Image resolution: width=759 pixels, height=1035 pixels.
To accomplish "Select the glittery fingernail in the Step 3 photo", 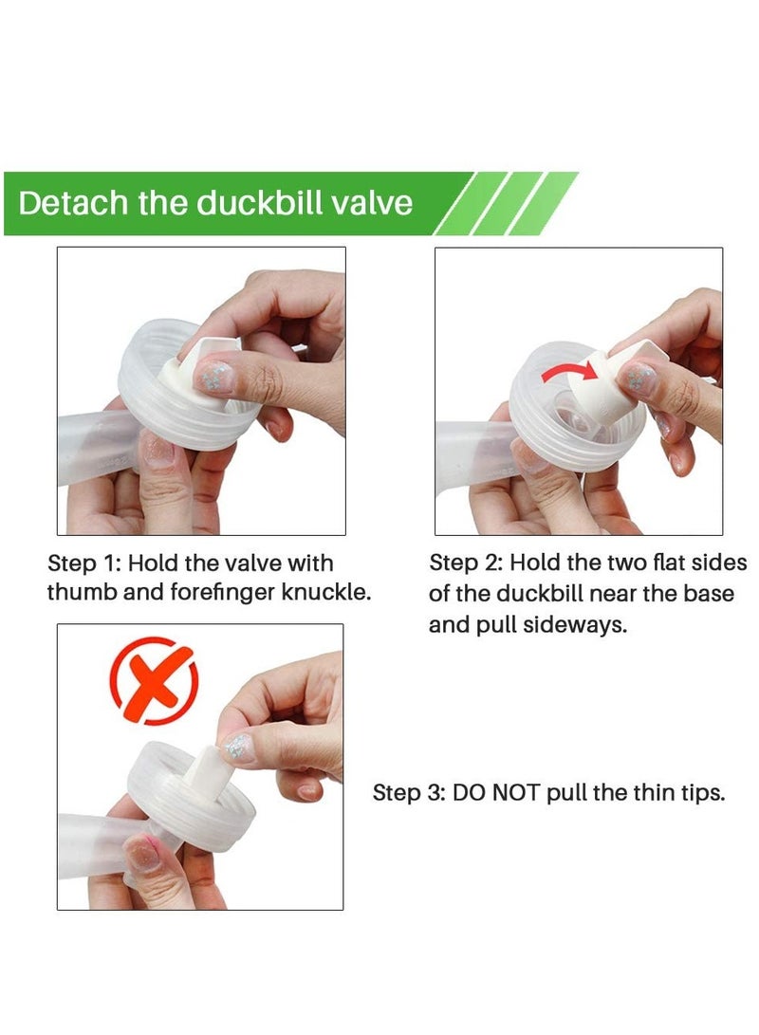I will coord(237,749).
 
